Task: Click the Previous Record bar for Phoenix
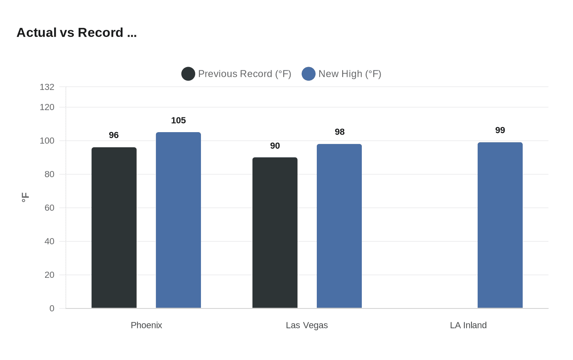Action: point(114,227)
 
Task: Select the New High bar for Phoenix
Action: point(178,220)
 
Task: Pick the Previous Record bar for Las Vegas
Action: point(275,232)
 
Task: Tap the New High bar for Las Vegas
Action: point(339,226)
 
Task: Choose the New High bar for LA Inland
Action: point(500,225)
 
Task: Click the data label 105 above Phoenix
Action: point(178,120)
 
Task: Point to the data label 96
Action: point(114,135)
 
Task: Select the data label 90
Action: point(275,146)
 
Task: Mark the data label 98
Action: point(340,132)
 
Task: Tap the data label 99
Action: point(500,130)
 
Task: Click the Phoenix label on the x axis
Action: point(147,325)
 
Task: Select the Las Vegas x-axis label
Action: point(307,325)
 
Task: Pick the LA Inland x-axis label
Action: point(468,325)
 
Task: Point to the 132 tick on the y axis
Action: point(47,87)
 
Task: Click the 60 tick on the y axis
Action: point(50,208)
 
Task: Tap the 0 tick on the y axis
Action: point(52,308)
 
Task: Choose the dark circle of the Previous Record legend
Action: point(188,74)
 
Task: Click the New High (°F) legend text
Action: point(350,74)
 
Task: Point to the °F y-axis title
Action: point(25,197)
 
